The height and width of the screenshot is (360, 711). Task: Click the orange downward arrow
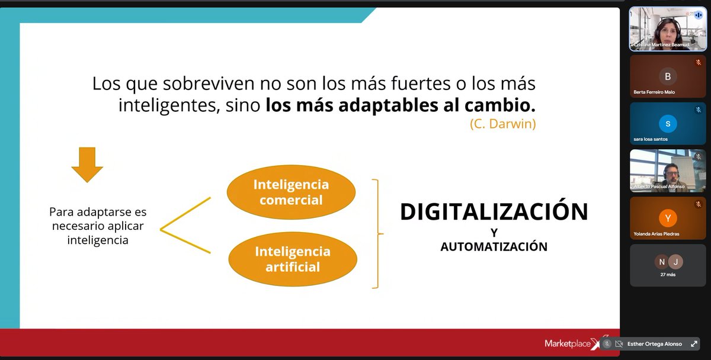click(x=87, y=165)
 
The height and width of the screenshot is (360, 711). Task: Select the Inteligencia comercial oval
click(x=291, y=192)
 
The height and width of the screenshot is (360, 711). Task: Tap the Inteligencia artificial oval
click(x=293, y=259)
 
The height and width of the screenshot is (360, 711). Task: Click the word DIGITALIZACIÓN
click(x=494, y=212)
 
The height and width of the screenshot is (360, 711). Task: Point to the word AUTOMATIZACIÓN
click(x=494, y=246)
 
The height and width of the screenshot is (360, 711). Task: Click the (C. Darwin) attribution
click(x=502, y=124)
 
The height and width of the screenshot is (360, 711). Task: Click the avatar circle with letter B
click(x=668, y=76)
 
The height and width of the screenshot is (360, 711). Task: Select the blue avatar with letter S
click(x=668, y=124)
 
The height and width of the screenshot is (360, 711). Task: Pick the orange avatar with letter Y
click(x=668, y=218)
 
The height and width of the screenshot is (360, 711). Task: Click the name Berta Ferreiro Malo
click(x=654, y=92)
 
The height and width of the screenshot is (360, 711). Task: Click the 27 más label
click(x=668, y=274)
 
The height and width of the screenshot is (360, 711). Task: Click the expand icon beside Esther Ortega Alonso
click(x=694, y=344)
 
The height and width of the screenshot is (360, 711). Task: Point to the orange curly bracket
click(x=377, y=233)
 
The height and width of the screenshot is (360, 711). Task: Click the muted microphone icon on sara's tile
click(x=698, y=110)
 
